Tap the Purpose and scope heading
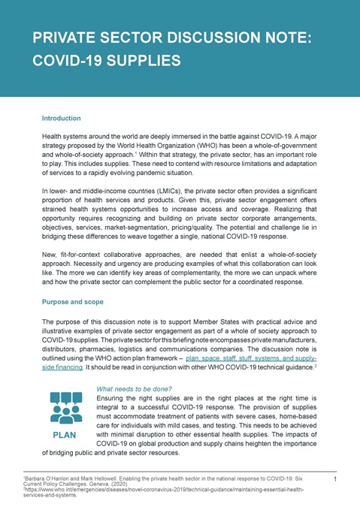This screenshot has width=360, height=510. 74,302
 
